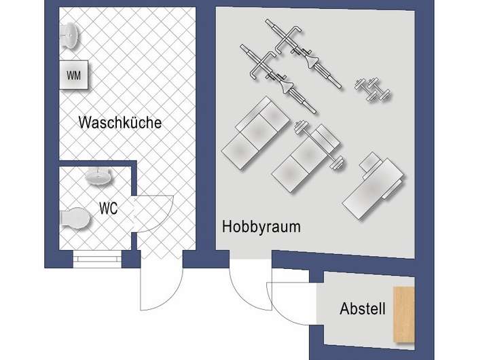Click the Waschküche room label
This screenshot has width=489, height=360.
(x=120, y=123)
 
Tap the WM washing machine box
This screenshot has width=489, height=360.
(x=73, y=75)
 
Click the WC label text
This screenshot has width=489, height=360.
(x=108, y=209)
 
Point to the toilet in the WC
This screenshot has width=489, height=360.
(x=75, y=219)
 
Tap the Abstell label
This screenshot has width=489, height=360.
(x=362, y=310)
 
